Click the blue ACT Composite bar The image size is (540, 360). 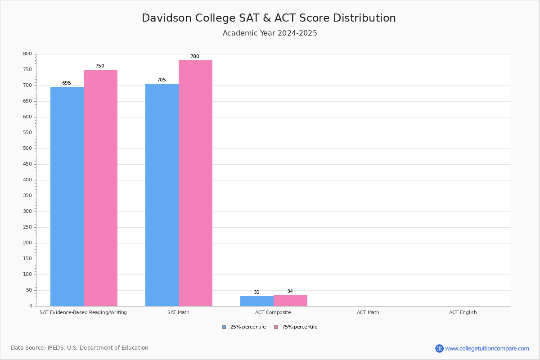(257, 301)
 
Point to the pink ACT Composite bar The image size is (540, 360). (290, 301)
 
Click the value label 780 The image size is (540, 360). (194, 57)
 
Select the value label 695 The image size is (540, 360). (67, 83)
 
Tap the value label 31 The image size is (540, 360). (256, 292)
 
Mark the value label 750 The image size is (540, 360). (99, 66)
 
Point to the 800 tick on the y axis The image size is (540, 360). (27, 54)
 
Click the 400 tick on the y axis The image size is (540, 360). (27, 180)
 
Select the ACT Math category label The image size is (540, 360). (368, 312)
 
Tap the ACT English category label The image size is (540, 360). (463, 312)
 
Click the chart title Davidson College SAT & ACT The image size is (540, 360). (269, 18)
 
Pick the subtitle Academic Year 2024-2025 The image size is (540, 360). (270, 33)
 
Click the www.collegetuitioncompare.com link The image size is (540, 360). (487, 348)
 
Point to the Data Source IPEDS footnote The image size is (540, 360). (80, 348)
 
